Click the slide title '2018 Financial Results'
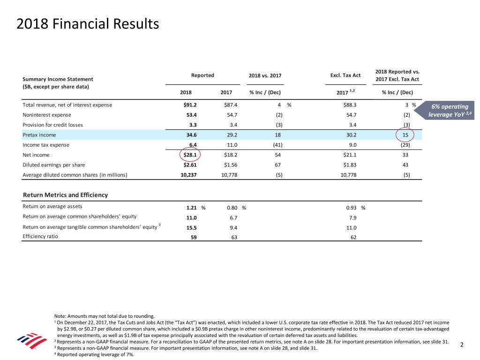[88, 23]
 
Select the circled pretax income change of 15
[405, 135]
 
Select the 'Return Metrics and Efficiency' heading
[65, 195]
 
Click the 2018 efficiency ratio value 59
[194, 237]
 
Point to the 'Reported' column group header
[202, 75]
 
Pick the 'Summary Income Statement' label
[58, 79]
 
